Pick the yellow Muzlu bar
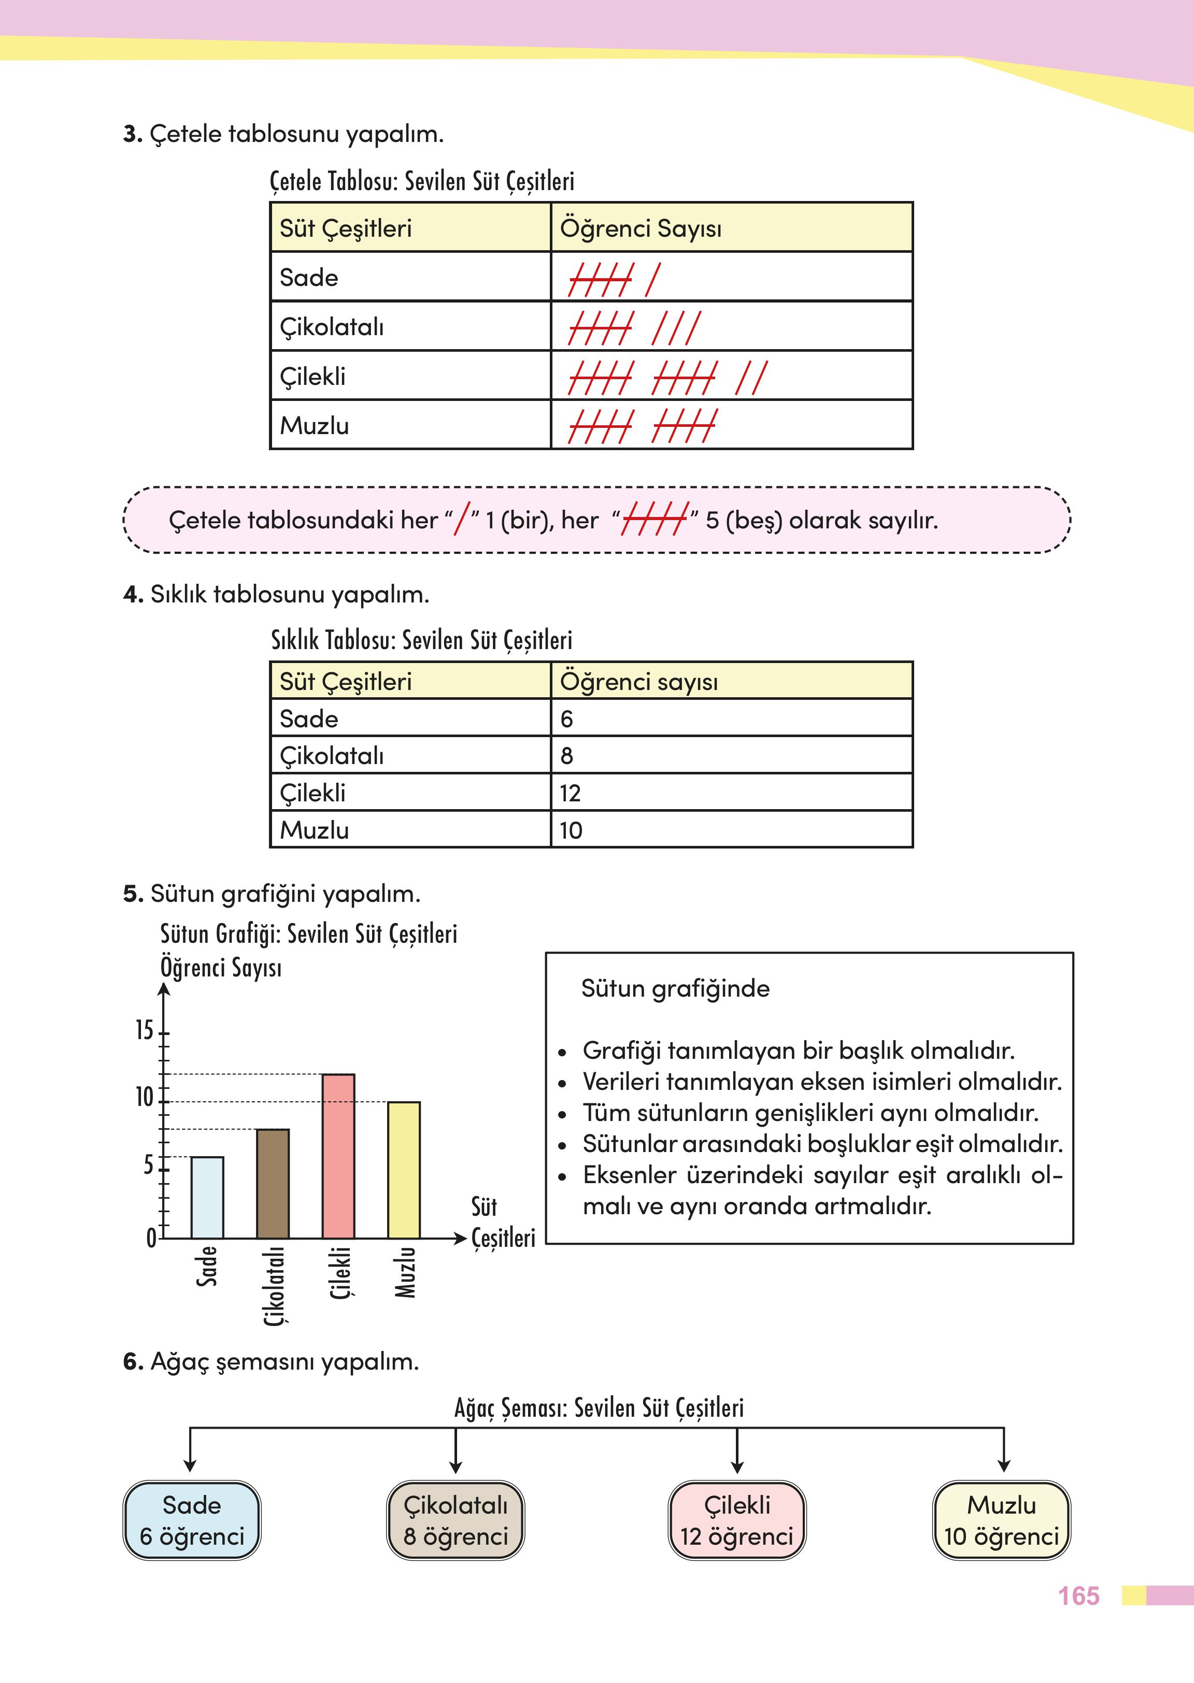tap(404, 1170)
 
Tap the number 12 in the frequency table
tap(570, 793)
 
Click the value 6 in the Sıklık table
tap(566, 719)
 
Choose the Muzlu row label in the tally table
tap(314, 425)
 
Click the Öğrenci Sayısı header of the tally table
tap(641, 228)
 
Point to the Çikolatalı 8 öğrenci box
tap(455, 1520)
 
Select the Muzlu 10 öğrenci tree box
tap(1001, 1520)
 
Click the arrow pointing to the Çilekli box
tap(737, 1451)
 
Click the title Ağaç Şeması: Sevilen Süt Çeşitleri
tap(599, 1407)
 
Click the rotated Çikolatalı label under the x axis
tap(274, 1285)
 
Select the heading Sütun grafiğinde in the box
tap(675, 988)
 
